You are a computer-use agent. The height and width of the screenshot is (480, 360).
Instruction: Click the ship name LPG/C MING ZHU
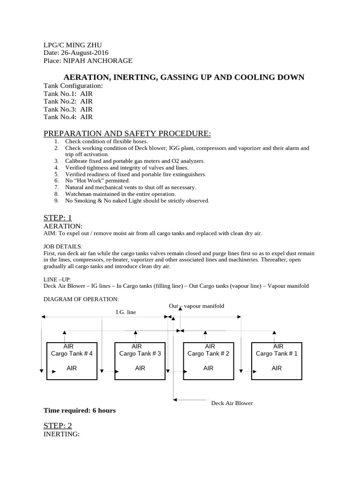(72, 45)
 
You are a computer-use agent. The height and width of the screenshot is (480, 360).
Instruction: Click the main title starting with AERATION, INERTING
(184, 77)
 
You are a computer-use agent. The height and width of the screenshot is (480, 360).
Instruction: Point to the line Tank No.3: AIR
(68, 109)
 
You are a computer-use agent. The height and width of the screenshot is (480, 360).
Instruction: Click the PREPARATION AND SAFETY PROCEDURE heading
(127, 134)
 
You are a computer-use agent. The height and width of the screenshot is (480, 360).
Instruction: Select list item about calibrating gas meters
(135, 161)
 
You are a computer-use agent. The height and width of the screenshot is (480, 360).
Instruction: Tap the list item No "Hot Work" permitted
(97, 180)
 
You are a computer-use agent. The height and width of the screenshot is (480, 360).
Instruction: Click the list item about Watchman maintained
(120, 194)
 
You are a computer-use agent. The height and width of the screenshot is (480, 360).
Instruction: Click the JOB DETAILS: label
(63, 246)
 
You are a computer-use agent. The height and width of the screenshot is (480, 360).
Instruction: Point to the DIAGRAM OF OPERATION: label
(81, 299)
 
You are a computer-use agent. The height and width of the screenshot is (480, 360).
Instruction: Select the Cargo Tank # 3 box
(140, 361)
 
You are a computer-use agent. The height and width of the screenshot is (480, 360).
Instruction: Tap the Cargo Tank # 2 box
(208, 361)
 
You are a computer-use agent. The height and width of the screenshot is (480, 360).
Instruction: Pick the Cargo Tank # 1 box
(277, 361)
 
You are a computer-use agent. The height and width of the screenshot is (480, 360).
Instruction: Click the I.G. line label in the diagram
(126, 312)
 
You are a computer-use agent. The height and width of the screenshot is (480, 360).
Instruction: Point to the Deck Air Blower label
(232, 403)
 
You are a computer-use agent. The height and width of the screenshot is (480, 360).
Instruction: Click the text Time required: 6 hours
(79, 411)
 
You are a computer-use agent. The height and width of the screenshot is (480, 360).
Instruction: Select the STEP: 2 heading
(58, 425)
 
